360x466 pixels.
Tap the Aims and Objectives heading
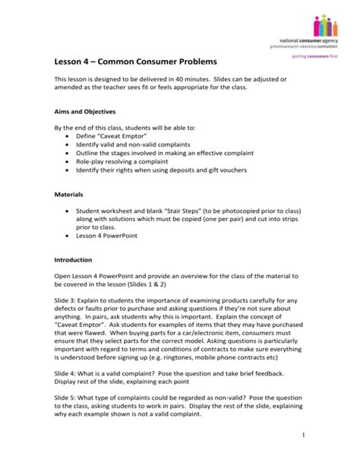click(87, 109)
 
